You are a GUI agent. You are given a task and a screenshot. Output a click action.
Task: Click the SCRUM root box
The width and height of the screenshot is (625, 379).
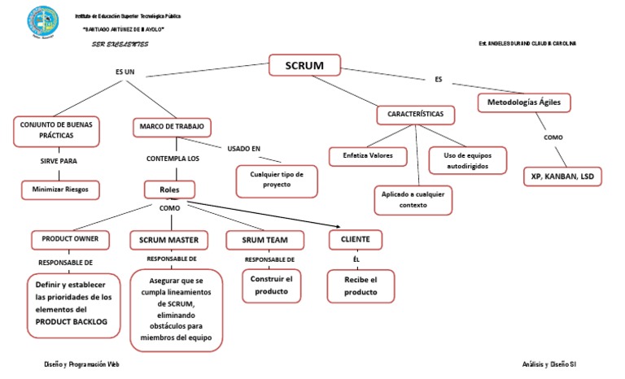305,65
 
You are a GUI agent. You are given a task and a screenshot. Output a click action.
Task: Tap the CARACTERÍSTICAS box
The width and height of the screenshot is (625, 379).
415,115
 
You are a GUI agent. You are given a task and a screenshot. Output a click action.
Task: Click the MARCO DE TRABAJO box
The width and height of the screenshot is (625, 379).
172,128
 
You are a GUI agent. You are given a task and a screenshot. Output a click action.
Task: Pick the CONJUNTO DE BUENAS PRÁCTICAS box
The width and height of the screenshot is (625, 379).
55,130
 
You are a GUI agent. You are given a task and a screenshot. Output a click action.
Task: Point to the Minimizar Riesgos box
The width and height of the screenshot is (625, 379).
60,190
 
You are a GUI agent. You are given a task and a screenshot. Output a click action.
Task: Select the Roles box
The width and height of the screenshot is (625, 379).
170,189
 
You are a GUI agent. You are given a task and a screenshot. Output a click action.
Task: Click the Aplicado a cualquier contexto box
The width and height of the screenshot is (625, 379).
413,200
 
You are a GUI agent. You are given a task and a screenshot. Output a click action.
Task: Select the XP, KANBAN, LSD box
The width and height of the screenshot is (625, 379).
562,176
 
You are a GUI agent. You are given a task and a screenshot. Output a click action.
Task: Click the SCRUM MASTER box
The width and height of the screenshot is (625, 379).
168,240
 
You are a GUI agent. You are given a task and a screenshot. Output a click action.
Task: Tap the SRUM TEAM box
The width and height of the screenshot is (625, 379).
264,240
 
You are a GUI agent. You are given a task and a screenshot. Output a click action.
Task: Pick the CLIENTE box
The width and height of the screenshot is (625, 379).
355,239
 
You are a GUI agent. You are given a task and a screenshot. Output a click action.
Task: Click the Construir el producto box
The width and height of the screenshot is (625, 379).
271,285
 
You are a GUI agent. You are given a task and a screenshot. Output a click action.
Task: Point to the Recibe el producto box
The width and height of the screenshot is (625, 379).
361,286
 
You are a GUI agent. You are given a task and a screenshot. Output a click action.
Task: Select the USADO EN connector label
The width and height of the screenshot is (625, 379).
244,149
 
